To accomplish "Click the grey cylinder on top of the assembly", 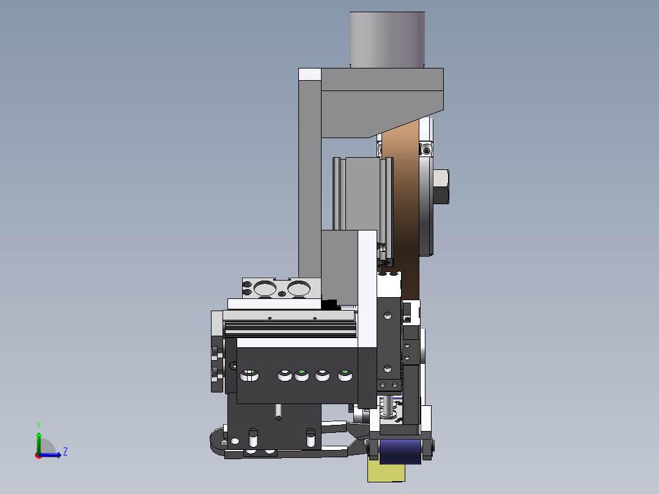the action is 387,40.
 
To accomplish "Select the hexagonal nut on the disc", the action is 441,186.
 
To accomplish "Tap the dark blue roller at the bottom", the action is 400,452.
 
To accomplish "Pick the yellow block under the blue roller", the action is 386,472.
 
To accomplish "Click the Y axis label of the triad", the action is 39,426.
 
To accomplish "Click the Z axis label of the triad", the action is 65,452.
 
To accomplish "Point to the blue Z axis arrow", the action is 50,455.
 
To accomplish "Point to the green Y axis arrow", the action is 39,443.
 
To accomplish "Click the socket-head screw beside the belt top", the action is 427,150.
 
